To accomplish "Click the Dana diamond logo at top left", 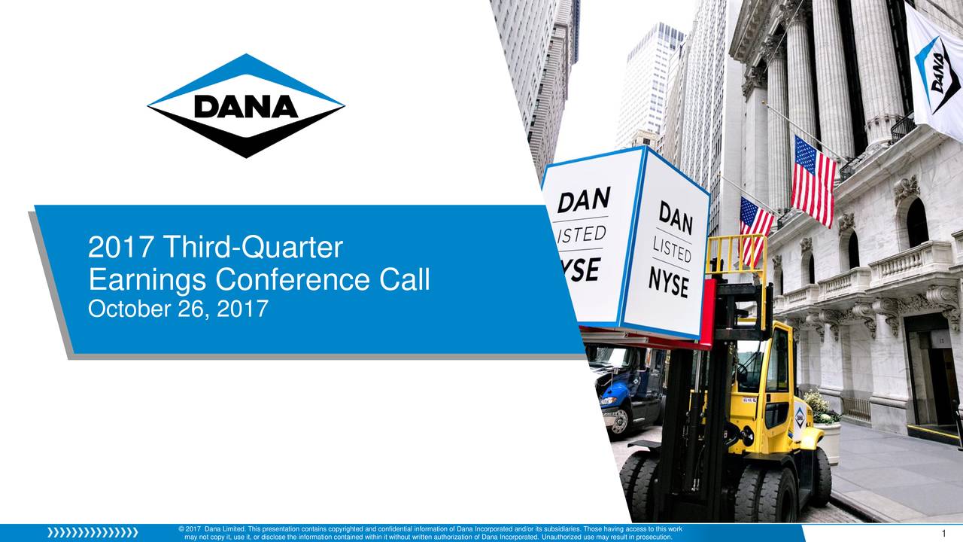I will point(245,105).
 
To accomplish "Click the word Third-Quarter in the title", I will point(253,247).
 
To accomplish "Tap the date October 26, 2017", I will point(178,309).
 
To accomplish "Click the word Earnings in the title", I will point(147,282).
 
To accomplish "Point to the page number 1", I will point(943,534).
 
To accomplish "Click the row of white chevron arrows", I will point(93,533).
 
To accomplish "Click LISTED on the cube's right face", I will point(673,248).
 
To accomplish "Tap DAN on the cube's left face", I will point(583,202).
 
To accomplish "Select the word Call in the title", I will point(405,281).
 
